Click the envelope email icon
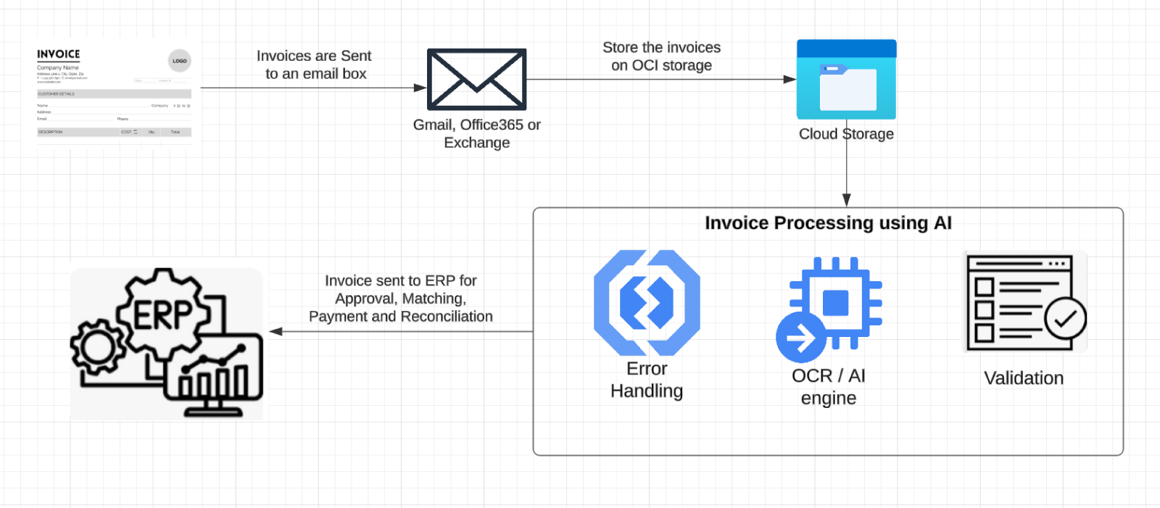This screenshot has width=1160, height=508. click(x=476, y=80)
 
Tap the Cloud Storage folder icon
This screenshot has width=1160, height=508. click(x=846, y=80)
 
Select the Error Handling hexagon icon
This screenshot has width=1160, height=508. click(x=647, y=302)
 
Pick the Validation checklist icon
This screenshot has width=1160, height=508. click(x=1024, y=301)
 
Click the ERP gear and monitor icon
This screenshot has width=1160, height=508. click(x=167, y=344)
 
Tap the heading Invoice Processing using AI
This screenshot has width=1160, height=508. click(x=828, y=223)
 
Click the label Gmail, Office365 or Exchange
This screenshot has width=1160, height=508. click(x=476, y=133)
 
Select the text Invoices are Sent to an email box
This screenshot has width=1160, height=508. click(x=315, y=64)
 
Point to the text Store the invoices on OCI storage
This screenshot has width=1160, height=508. click(x=661, y=56)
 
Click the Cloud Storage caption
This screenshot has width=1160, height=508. click(x=846, y=134)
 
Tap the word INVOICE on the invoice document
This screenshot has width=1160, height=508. click(x=58, y=54)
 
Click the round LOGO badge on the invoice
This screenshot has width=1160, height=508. click(x=179, y=61)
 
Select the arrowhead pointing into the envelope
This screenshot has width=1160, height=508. click(x=420, y=88)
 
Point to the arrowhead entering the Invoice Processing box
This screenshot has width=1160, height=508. click(x=846, y=200)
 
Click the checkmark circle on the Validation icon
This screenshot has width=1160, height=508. click(x=1065, y=319)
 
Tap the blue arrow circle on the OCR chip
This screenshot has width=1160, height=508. click(x=800, y=338)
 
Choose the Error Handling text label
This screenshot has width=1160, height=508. click(x=647, y=380)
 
